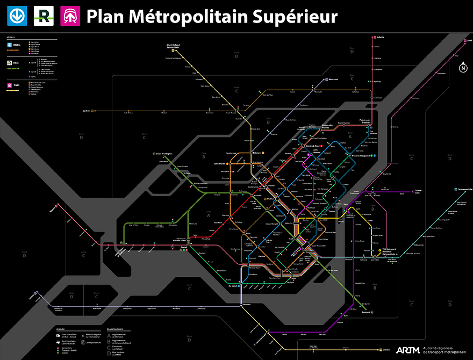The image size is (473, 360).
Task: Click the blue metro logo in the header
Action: pos(16,16)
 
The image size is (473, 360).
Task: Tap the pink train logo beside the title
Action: pos(70,16)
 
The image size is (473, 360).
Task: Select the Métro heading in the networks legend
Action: pos(18,45)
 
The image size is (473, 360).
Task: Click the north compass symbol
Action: pos(462,68)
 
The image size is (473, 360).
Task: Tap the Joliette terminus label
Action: pos(381,38)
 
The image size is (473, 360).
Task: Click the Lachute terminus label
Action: pos(86,111)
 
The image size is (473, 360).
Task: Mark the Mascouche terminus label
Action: pos(333,80)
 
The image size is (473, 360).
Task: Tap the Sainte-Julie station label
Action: pos(418,191)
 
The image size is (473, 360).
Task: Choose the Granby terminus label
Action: pos(390,350)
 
